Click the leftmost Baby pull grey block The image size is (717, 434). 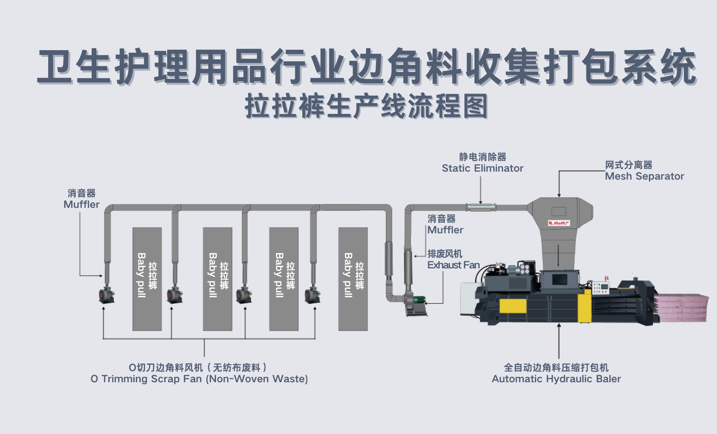coord(147,279)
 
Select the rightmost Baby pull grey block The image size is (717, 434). coord(353,279)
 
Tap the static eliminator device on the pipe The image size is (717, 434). coord(481,207)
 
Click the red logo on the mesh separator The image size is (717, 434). coord(559,223)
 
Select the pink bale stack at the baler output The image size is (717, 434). coord(682,308)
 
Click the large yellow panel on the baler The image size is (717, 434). coord(513,306)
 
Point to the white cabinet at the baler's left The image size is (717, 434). coord(469,299)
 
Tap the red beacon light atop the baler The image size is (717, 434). coord(607,278)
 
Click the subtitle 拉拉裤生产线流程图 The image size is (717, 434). coord(366,107)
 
